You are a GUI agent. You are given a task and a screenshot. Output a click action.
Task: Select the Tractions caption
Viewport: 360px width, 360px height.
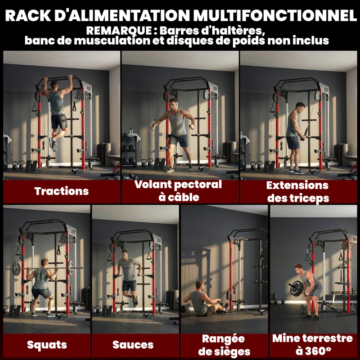[62, 191]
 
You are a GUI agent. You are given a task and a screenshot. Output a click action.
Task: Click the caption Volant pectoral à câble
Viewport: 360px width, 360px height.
[178, 190]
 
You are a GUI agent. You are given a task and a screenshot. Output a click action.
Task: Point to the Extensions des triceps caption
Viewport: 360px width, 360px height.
[297, 191]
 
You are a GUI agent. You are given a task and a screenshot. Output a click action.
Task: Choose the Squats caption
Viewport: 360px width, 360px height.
[47, 345]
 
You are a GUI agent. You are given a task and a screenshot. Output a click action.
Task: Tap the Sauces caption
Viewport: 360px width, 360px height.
[133, 345]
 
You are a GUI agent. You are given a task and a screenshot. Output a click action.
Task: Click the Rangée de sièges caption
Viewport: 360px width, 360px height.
[223, 345]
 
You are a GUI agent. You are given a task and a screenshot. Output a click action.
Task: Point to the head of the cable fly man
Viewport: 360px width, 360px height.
[173, 103]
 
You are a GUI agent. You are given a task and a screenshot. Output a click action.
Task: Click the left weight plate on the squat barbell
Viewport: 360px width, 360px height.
[17, 269]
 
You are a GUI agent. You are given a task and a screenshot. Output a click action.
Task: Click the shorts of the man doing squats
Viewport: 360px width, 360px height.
[41, 293]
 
